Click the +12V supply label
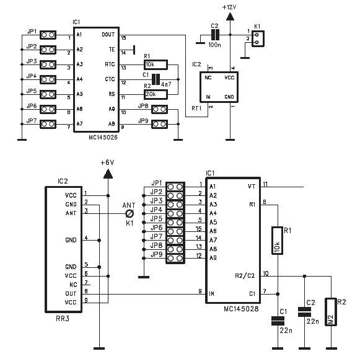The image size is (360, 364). (229, 7)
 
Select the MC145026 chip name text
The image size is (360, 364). (103, 137)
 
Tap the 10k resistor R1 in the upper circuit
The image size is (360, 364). (156, 64)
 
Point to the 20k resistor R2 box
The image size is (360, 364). (156, 94)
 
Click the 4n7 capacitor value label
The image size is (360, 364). (166, 84)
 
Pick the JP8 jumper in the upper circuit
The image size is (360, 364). (160, 109)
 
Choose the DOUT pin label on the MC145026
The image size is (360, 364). (108, 35)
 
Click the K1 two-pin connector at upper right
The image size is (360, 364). (258, 39)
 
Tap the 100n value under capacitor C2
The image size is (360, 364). (214, 45)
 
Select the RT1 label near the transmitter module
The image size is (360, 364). (196, 108)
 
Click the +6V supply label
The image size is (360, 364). (107, 162)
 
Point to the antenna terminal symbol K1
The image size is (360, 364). (130, 213)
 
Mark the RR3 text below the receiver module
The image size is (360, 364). (63, 319)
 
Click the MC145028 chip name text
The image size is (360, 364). (241, 309)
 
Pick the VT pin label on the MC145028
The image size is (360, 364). (252, 187)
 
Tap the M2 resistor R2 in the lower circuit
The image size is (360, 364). (331, 312)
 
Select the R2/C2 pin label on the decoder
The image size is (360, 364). (245, 276)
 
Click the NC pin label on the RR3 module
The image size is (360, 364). (73, 285)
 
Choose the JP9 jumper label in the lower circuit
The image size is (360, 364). (157, 254)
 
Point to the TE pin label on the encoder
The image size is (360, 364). (112, 50)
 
